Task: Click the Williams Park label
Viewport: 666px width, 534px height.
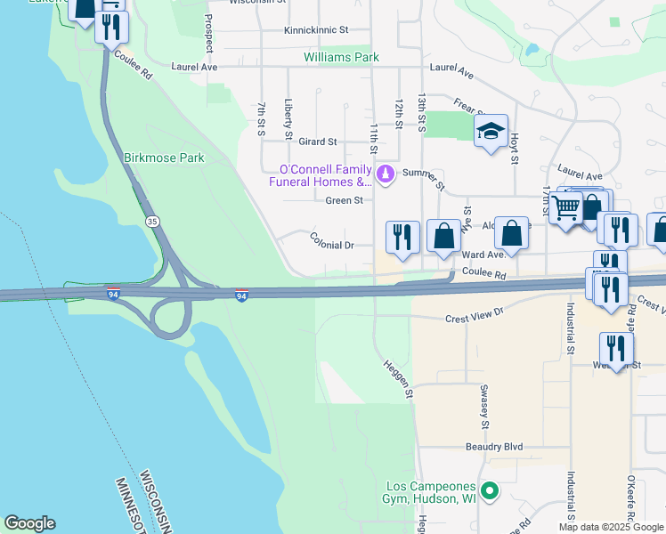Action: coord(341,57)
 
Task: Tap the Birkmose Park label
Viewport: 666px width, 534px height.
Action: coord(164,158)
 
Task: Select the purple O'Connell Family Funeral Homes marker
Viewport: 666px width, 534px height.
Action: coord(385,174)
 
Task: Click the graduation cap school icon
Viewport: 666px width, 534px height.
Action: coord(491,132)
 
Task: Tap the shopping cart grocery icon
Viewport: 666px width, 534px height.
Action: coord(565,209)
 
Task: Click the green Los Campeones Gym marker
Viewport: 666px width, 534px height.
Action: coord(488,490)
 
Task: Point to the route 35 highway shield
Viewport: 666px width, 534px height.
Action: coord(153,220)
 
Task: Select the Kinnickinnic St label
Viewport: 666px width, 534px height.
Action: coord(316,30)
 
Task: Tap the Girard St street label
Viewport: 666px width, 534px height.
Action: coord(318,142)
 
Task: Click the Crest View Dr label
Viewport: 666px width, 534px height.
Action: coord(475,314)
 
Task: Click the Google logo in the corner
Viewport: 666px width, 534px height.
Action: coord(29,523)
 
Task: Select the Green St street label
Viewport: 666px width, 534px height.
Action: coord(344,200)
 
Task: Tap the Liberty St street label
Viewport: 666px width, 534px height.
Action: coord(288,119)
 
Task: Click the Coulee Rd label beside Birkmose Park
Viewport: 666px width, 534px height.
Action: coord(134,65)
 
